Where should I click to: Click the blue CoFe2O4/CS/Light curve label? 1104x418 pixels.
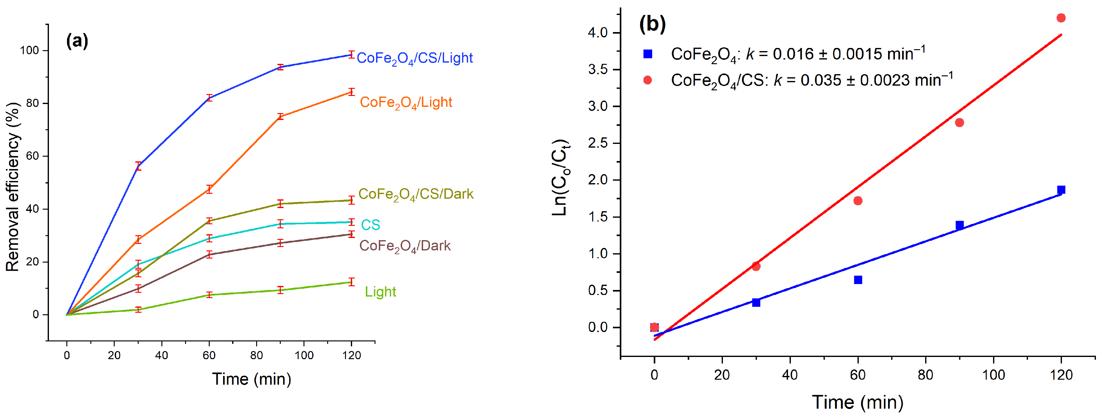(414, 58)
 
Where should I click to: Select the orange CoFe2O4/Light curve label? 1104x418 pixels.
(406, 103)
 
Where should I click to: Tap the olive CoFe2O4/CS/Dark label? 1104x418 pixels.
(416, 194)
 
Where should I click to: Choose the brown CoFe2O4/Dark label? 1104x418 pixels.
(405, 246)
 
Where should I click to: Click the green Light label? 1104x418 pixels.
(380, 292)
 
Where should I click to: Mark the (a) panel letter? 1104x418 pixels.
(77, 41)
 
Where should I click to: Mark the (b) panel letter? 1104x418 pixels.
(652, 24)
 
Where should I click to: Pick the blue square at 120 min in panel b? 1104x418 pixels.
(1061, 190)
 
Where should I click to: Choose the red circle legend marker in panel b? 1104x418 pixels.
(648, 80)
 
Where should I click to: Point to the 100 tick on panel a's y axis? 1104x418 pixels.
(29, 50)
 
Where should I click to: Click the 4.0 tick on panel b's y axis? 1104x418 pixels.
(598, 32)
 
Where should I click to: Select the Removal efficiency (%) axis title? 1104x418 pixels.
(13, 187)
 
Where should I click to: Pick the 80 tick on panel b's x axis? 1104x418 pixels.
(925, 375)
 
